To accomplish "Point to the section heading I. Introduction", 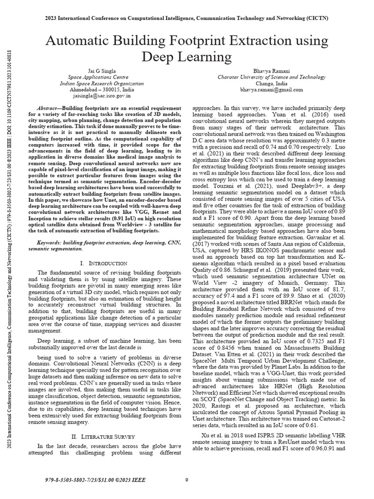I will [104, 263].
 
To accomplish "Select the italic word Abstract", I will [48, 107].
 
